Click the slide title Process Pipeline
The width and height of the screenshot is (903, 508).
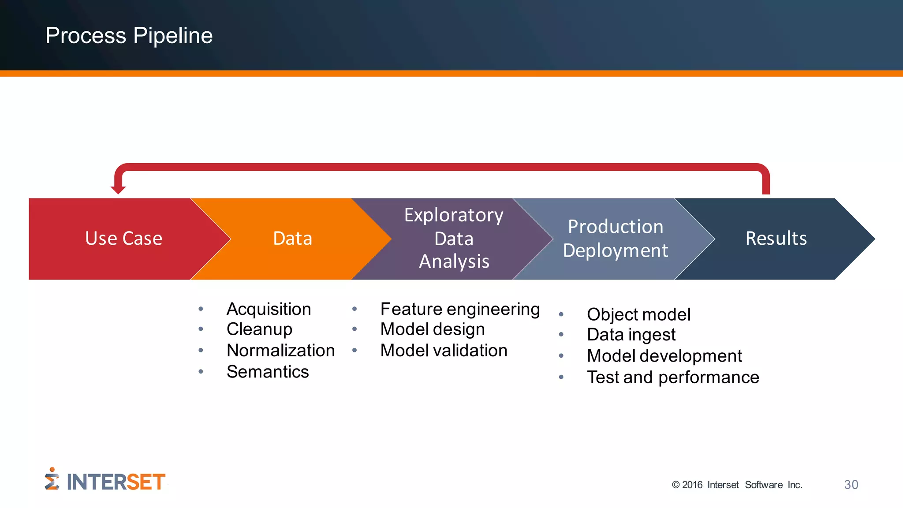[129, 36]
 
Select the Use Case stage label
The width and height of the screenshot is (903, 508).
[123, 239]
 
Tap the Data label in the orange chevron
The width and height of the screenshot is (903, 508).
[292, 239]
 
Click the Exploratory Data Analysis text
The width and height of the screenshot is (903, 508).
[454, 238]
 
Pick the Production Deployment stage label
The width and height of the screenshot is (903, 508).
[616, 239]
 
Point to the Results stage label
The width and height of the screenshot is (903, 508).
[776, 239]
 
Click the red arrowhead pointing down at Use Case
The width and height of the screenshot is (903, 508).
[118, 190]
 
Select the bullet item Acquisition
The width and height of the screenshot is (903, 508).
[269, 309]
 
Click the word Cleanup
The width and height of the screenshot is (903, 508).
[259, 329]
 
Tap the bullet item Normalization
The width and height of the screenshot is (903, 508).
[280, 351]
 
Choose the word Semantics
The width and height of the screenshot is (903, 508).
[268, 372]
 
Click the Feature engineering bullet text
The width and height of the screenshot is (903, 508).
[460, 309]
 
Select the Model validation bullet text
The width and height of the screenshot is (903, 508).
[444, 351]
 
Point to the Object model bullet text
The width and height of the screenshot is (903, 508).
[638, 314]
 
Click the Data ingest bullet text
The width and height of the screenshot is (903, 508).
[631, 335]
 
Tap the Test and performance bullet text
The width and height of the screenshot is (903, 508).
[673, 377]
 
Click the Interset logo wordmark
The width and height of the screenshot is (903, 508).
[116, 482]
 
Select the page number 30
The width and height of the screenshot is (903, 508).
[851, 485]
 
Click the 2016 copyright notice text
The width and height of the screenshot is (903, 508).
[737, 485]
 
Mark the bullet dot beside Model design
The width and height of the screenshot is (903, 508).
[354, 329]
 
